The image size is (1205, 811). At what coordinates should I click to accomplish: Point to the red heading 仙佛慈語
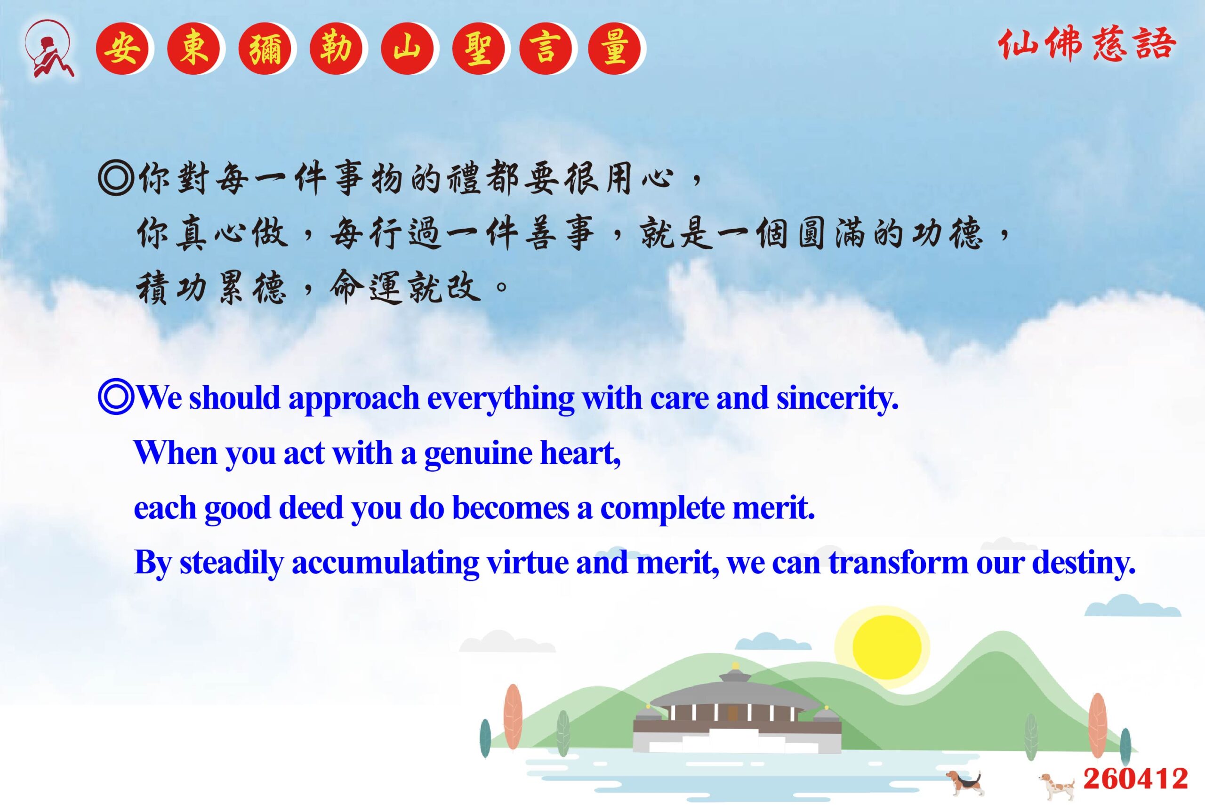pyautogui.click(x=1087, y=45)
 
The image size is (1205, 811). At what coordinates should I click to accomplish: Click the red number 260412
pyautogui.click(x=1136, y=779)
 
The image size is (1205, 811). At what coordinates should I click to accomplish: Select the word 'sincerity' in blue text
pyautogui.click(x=836, y=399)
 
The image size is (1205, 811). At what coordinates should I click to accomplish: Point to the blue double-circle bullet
pyautogui.click(x=116, y=398)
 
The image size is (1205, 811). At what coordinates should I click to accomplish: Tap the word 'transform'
pyautogui.click(x=898, y=562)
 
